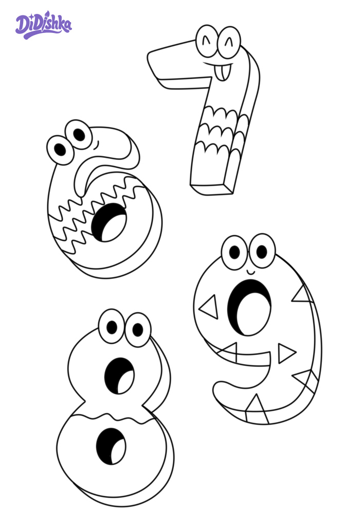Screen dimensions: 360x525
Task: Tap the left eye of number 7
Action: pos(207,41)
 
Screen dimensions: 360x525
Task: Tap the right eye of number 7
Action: pos(229,43)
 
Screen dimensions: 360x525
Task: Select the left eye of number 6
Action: pos(60,150)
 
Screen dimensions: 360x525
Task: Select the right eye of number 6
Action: pos(79,135)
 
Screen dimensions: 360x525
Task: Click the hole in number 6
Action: pos(109,222)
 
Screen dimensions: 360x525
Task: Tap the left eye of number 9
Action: pos(235,252)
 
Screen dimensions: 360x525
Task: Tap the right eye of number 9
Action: pos(262,251)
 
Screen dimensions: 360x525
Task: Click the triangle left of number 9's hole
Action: pos(209,307)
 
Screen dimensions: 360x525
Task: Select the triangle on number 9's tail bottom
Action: pos(257,409)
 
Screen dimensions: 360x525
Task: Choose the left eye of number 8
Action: pos(112,326)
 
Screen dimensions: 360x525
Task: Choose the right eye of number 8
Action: pos(138,330)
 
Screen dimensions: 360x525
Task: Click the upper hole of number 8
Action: pos(119,375)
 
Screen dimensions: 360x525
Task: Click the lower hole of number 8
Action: pos(111,446)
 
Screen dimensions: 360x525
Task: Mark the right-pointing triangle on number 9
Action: pos(286,353)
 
